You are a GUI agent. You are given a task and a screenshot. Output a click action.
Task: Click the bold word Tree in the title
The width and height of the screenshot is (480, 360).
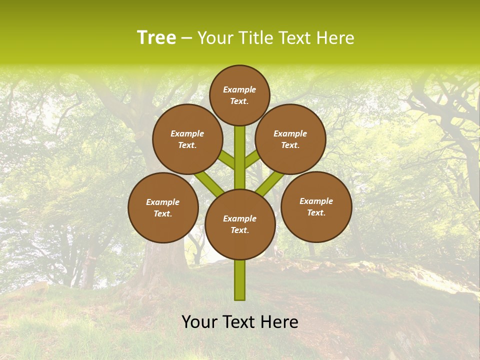156,38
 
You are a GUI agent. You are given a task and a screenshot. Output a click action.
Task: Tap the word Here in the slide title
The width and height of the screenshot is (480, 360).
335,38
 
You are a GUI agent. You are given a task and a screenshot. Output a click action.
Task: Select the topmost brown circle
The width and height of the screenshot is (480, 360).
239,95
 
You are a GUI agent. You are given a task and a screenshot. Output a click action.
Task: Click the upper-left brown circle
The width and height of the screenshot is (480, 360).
187,139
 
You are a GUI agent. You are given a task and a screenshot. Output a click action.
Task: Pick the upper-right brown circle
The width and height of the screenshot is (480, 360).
290,139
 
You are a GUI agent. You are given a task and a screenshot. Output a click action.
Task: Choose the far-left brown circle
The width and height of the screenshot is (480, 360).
163,207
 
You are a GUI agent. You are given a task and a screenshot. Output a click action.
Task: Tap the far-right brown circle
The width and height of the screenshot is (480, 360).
316,206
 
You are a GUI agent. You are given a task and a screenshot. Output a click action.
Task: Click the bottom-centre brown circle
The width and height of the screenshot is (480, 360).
240,224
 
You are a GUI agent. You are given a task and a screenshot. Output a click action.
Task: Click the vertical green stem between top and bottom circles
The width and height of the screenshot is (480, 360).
240,157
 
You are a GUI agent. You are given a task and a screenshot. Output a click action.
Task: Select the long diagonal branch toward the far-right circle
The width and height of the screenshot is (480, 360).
270,183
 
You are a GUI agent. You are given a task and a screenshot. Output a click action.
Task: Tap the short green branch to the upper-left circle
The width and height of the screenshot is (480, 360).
228,160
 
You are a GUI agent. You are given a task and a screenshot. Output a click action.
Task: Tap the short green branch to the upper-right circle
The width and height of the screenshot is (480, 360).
251,159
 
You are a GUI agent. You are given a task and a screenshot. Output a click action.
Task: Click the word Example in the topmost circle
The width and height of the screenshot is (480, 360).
239,89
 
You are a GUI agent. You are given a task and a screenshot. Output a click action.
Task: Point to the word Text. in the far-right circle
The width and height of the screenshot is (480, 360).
316,212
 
